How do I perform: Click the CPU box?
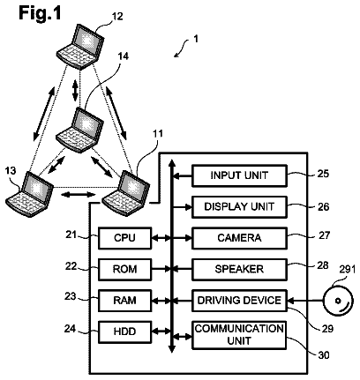click(124, 238)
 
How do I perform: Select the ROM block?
click(124, 269)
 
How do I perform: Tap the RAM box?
click(124, 301)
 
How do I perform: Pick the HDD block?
click(124, 332)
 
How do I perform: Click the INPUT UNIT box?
click(239, 175)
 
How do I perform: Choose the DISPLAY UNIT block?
click(239, 207)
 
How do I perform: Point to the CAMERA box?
click(239, 238)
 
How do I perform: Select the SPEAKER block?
click(239, 269)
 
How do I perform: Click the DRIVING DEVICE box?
click(239, 301)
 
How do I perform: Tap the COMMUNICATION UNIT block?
click(239, 335)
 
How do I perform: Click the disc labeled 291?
click(338, 301)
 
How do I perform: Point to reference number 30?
click(324, 355)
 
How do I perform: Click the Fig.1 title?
click(40, 13)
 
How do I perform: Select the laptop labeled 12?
click(80, 47)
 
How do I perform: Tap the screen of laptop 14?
click(87, 123)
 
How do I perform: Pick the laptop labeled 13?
click(29, 195)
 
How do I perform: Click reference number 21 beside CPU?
click(71, 235)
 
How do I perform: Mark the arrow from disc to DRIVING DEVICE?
click(305, 301)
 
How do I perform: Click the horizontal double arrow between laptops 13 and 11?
click(80, 194)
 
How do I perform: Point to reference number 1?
click(196, 39)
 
